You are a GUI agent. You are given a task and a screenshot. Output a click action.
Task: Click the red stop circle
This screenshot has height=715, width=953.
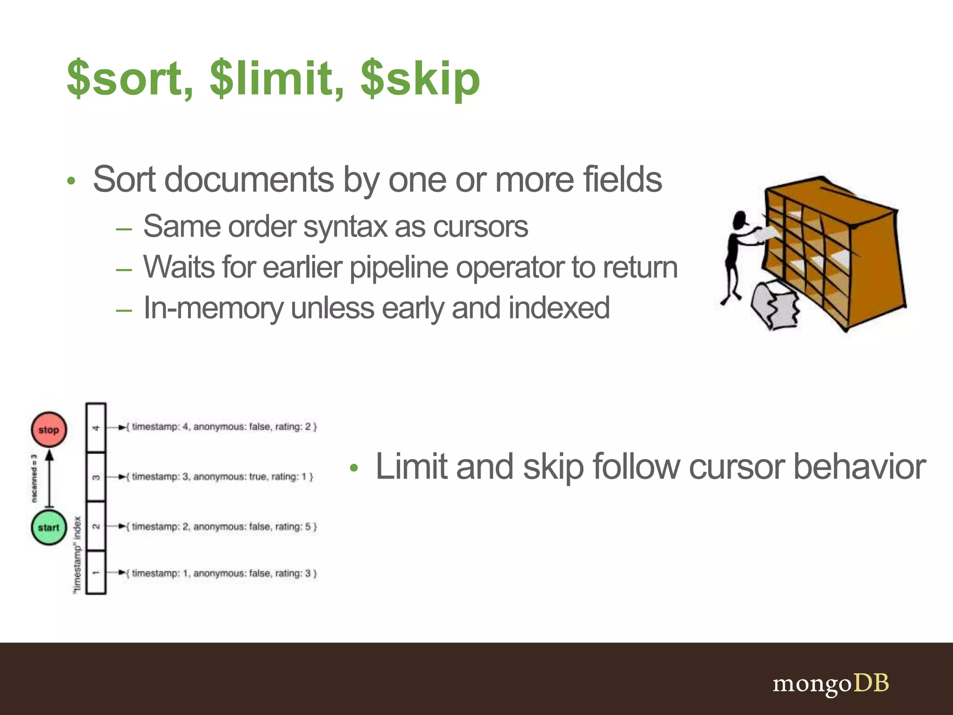[x=49, y=429]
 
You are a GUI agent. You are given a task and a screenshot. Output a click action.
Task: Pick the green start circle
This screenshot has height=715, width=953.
[x=49, y=527]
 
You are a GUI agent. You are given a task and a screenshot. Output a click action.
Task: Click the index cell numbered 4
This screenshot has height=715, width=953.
[x=96, y=428]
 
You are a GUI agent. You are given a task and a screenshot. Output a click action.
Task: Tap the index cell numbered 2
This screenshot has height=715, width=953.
[x=96, y=526]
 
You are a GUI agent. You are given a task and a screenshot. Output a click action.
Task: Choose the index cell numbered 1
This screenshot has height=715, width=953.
[x=96, y=573]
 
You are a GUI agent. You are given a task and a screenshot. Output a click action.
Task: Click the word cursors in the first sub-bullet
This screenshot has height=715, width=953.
[x=480, y=227]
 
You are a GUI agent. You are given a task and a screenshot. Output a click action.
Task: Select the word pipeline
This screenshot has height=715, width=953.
[x=402, y=268]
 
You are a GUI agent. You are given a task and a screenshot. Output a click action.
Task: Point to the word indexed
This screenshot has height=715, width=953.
[x=558, y=308]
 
